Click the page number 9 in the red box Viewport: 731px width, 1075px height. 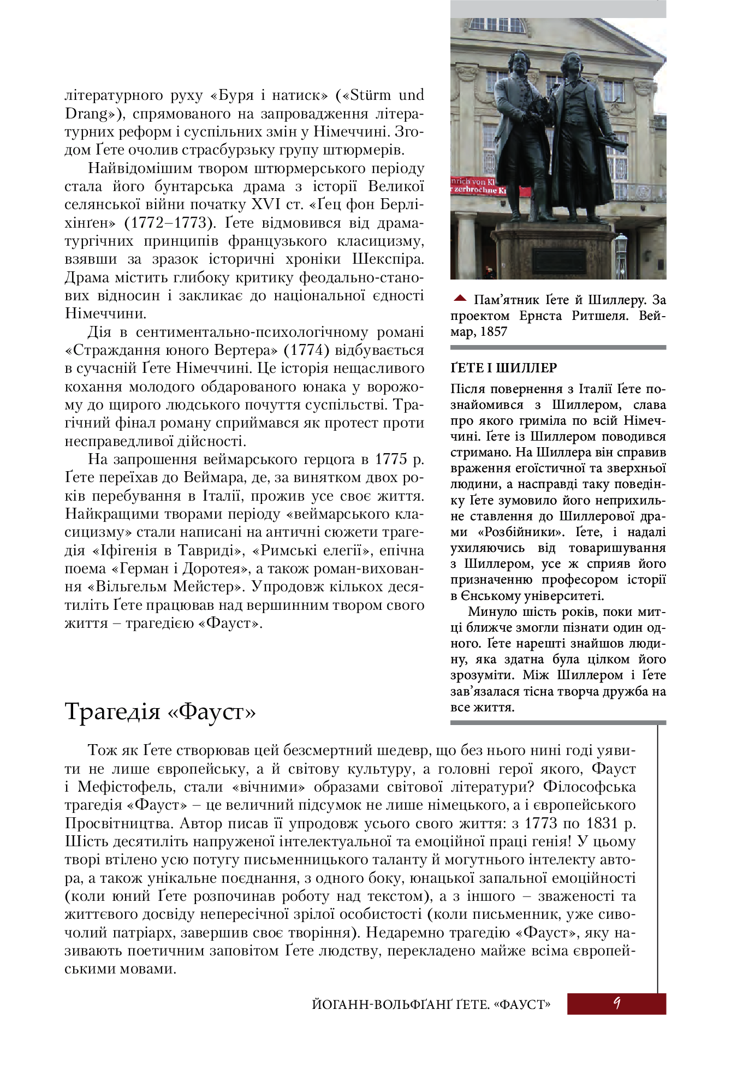coord(617,1003)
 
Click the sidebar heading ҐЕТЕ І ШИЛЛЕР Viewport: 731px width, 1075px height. coord(503,368)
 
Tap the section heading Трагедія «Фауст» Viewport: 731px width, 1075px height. coord(160,711)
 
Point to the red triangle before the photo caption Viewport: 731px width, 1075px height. coord(460,298)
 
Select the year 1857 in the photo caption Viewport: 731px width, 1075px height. coord(494,332)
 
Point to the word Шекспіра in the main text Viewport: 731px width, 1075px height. coord(388,259)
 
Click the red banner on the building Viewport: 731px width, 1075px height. coord(479,187)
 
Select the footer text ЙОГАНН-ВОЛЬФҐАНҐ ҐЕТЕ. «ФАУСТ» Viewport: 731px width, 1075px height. coord(431,1004)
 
